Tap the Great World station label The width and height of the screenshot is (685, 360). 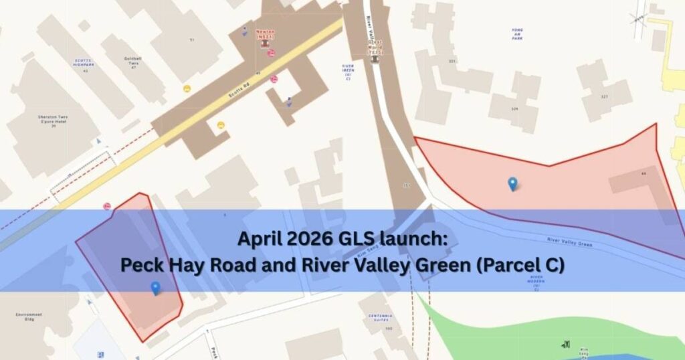(x=375, y=47)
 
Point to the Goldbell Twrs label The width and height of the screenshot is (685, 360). (x=133, y=61)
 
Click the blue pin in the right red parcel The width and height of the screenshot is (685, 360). (x=512, y=183)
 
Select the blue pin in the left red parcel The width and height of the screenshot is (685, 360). (x=155, y=288)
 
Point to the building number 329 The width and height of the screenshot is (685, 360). (x=514, y=108)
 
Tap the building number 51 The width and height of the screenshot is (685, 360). (x=192, y=40)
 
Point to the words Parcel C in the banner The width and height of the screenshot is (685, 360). (x=523, y=265)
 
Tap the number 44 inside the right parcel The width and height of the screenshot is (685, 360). (x=644, y=174)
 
